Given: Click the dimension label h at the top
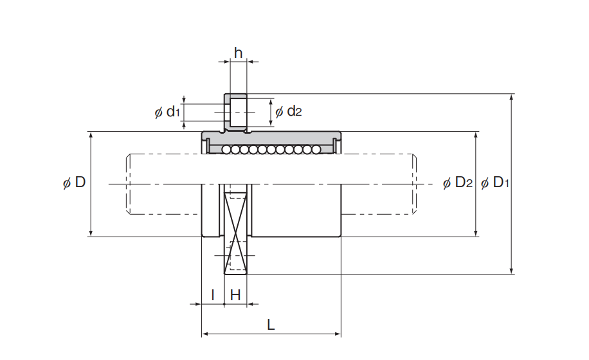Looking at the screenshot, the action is click(238, 53).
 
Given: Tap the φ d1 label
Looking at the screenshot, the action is click(168, 111).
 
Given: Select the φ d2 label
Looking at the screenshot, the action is click(289, 111).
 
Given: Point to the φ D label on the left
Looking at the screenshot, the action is click(75, 183).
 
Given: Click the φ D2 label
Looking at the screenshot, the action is click(458, 183).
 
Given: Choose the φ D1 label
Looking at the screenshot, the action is click(495, 183).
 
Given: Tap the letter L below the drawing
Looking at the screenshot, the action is click(271, 325).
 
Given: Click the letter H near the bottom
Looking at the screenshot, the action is click(235, 295).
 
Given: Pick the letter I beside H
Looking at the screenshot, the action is click(213, 295).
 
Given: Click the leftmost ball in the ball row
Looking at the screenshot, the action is click(226, 150).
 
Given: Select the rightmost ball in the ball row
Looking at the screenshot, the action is click(316, 150).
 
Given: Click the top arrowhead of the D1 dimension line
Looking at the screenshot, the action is click(511, 98).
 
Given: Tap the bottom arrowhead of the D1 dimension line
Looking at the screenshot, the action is click(511, 270).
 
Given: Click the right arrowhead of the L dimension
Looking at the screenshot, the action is click(337, 334).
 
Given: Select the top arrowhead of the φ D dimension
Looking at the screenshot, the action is click(91, 136).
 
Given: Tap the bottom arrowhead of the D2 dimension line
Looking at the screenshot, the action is click(476, 233).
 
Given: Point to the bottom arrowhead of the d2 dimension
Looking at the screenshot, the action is click(271, 123).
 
